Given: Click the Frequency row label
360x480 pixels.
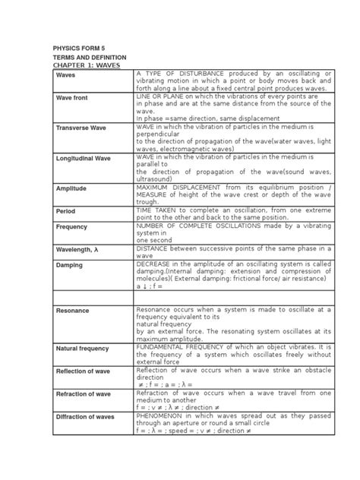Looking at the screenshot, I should click(x=72, y=227).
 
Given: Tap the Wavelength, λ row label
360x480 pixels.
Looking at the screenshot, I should click(x=80, y=250).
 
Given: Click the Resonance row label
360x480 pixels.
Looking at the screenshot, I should click(x=74, y=311).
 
